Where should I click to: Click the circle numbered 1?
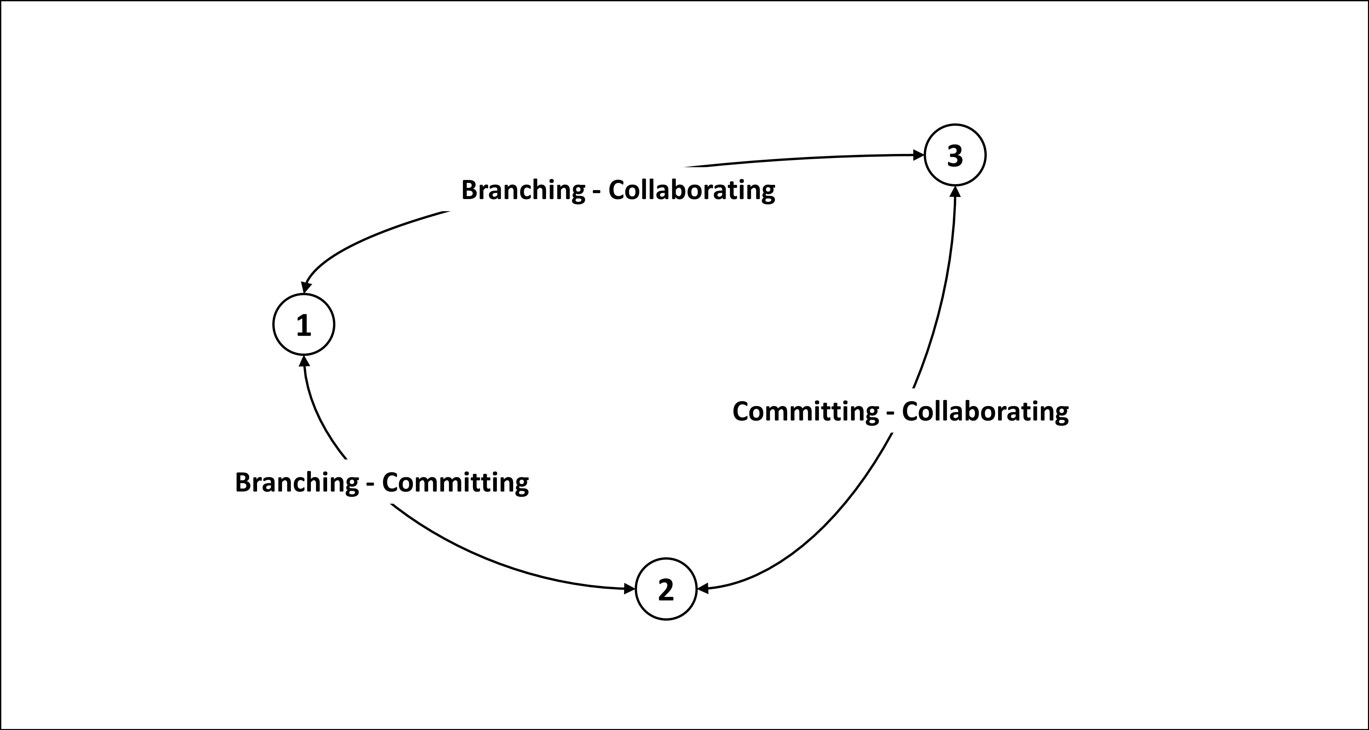tap(303, 325)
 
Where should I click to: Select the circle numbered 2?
tap(666, 589)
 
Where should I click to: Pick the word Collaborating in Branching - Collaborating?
tap(691, 190)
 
